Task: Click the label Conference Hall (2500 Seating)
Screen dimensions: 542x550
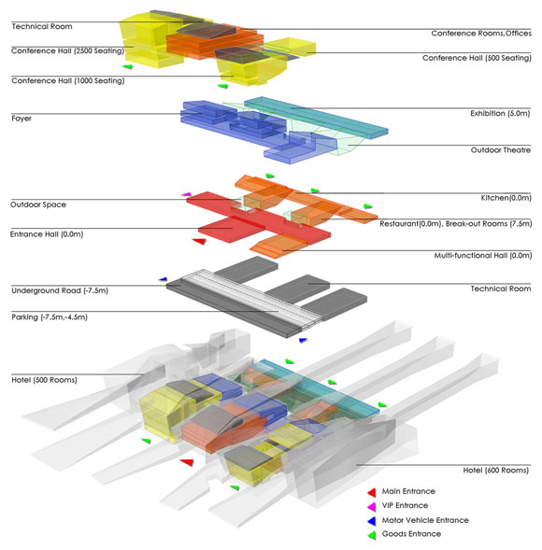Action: click(67, 50)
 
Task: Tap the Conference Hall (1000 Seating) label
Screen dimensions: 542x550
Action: click(68, 80)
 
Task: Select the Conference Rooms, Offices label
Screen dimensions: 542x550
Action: click(481, 34)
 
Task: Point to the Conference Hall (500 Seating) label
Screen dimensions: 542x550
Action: click(477, 58)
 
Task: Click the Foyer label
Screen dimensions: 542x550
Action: click(21, 119)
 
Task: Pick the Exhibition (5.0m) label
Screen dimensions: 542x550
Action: click(500, 113)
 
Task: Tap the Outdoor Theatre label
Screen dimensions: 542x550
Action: click(501, 150)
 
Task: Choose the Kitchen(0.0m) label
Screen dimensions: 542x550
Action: click(506, 198)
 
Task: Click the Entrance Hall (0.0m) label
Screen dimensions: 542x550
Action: click(47, 234)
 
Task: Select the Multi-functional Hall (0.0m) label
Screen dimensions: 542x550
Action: click(483, 255)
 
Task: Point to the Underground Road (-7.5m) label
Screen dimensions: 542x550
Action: click(60, 290)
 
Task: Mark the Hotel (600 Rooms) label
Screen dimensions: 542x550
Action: click(495, 471)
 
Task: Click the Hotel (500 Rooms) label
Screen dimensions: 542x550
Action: click(44, 380)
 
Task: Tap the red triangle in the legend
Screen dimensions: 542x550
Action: click(372, 492)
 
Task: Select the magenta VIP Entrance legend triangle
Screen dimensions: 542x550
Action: click(372, 506)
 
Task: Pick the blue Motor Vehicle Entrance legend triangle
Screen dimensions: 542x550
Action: click(372, 521)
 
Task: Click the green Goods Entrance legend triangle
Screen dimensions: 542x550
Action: click(372, 535)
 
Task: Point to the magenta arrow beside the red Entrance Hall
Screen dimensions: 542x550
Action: click(186, 194)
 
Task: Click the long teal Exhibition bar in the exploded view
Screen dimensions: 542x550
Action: click(316, 117)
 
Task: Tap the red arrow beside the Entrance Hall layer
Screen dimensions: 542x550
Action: click(199, 241)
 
